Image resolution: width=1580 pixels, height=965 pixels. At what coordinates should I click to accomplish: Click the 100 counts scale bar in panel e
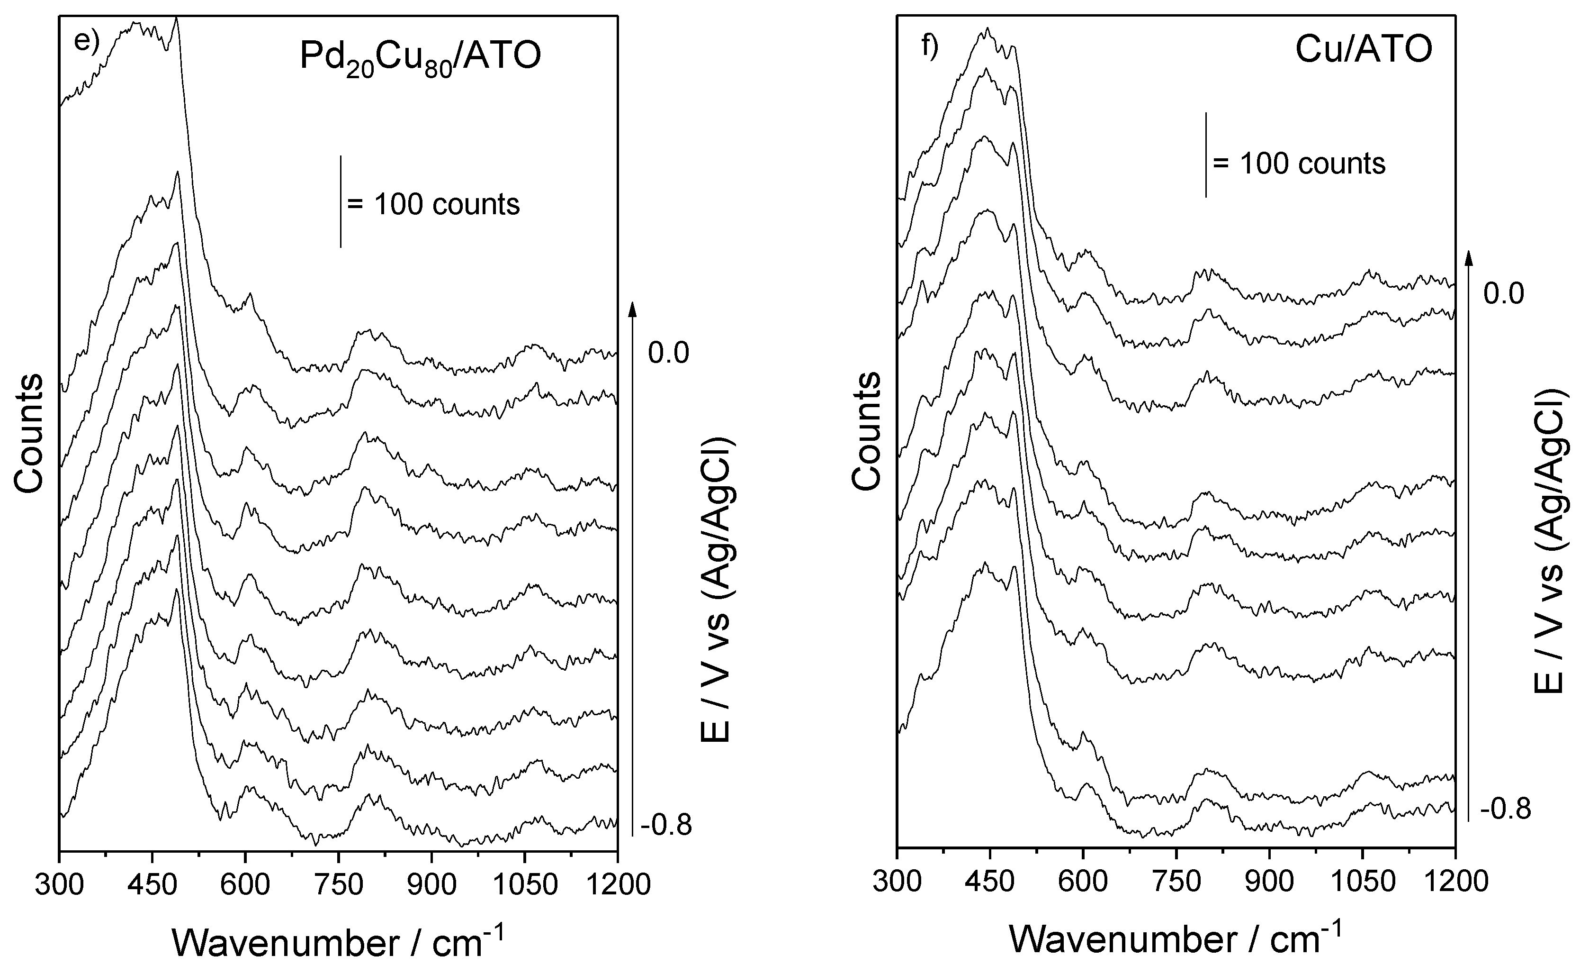click(341, 201)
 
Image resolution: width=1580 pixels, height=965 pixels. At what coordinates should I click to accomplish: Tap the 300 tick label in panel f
click(898, 880)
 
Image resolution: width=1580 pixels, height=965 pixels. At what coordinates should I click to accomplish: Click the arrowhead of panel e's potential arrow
click(632, 309)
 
